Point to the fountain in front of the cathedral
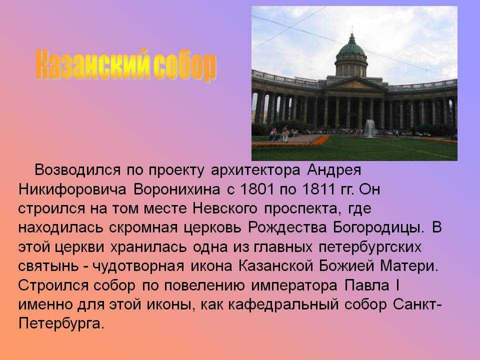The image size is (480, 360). tap(369, 128)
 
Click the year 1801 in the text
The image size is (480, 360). tap(257, 189)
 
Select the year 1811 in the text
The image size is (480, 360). tap(318, 189)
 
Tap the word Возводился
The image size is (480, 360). tap(77, 170)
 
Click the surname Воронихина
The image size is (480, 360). tap(176, 189)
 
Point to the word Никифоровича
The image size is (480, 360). tap(72, 190)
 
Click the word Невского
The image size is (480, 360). tap(225, 209)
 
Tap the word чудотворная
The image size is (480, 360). tap(138, 266)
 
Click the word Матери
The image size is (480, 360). tap(409, 266)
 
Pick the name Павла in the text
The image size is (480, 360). tap(367, 285)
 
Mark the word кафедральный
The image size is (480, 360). tap(283, 305)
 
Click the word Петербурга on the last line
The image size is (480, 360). tap(61, 324)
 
